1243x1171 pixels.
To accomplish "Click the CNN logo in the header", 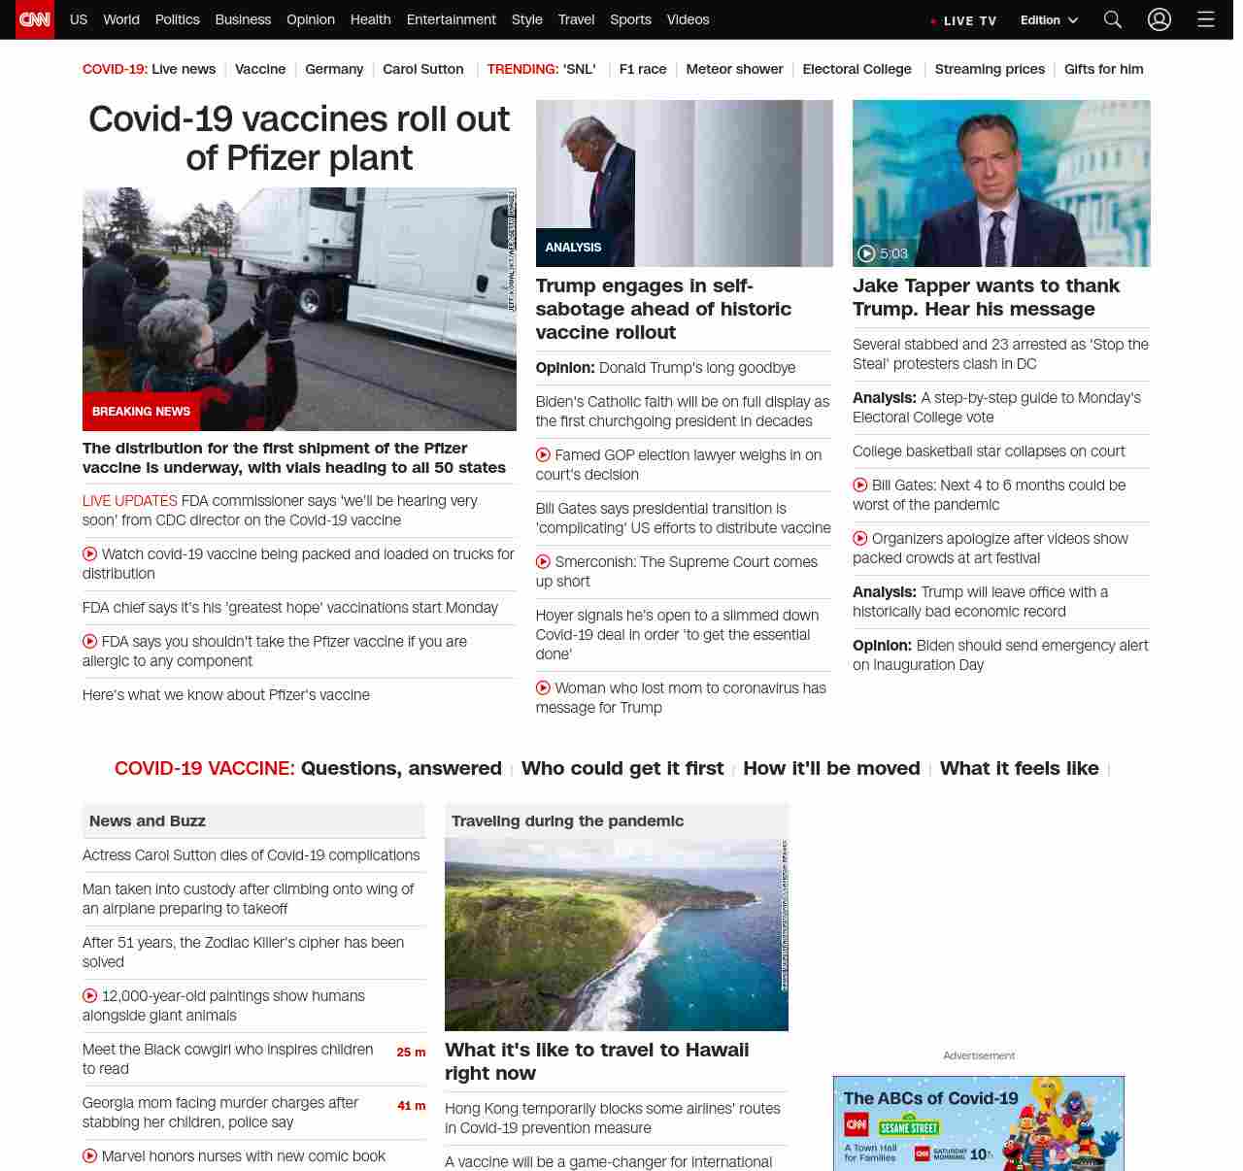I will (x=35, y=19).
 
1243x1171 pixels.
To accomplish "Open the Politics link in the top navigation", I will (x=177, y=19).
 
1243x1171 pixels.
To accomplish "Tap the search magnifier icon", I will (x=1113, y=19).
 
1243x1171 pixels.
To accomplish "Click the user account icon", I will (x=1159, y=19).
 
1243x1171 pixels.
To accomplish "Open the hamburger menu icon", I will (x=1205, y=19).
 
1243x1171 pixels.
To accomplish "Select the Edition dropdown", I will (x=1049, y=20).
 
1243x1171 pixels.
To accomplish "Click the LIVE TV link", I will (x=964, y=20).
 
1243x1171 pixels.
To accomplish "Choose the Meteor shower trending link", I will (x=734, y=69).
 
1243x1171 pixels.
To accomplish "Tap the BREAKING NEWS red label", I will (x=141, y=412).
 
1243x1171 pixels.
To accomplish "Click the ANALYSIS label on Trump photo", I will (x=573, y=248).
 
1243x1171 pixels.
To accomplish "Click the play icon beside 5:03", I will (x=866, y=253).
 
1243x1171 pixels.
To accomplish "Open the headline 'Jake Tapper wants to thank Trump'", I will (x=986, y=297).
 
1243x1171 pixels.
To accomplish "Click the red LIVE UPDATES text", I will (x=130, y=501).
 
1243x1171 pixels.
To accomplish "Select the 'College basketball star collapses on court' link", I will (x=989, y=452).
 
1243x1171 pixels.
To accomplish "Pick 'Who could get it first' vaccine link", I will (x=622, y=768).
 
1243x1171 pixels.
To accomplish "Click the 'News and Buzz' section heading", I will (x=148, y=821).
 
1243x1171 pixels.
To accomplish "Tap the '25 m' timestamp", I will (x=411, y=1053).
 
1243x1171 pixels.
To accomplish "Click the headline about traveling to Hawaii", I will (x=596, y=1061).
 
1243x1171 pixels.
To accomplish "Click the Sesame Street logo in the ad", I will (x=909, y=1127).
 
